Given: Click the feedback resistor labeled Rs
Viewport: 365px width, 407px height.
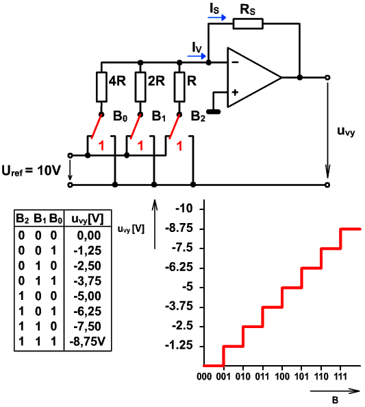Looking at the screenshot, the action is pyautogui.click(x=248, y=23).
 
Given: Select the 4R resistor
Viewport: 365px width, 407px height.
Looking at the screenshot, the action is pyautogui.click(x=101, y=87).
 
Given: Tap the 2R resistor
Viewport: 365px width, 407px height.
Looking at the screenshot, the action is pyautogui.click(x=140, y=87).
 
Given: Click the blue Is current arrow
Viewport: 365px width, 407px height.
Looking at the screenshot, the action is pyautogui.click(x=217, y=18).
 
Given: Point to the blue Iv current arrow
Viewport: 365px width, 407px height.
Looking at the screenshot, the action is pyautogui.click(x=197, y=56).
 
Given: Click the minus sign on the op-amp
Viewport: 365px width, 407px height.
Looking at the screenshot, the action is pyautogui.click(x=235, y=62).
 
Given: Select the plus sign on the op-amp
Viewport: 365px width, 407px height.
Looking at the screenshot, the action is pyautogui.click(x=235, y=93).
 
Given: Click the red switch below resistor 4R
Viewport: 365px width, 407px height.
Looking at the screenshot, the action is pyautogui.click(x=97, y=126).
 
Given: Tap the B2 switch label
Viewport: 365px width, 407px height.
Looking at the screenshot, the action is pyautogui.click(x=198, y=116).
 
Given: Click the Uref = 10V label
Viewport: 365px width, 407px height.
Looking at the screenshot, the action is pyautogui.click(x=31, y=171).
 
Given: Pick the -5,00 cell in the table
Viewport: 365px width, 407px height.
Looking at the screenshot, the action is pyautogui.click(x=87, y=296).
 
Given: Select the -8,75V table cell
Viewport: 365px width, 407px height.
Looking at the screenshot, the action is pyautogui.click(x=88, y=342).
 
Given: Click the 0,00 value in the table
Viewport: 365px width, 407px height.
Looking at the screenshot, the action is pyautogui.click(x=89, y=235).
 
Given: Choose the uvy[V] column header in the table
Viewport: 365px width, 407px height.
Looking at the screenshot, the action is pyautogui.click(x=88, y=220).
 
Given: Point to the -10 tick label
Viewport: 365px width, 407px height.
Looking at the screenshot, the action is pyautogui.click(x=184, y=209).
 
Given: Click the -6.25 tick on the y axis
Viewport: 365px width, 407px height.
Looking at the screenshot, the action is pyautogui.click(x=179, y=268).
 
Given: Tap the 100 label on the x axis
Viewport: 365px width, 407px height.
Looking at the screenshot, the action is pyautogui.click(x=282, y=376).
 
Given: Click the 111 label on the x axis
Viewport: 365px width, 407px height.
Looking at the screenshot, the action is pyautogui.click(x=340, y=376).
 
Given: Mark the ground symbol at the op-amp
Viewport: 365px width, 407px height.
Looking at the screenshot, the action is pyautogui.click(x=213, y=112).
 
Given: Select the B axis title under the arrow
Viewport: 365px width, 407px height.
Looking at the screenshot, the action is pyautogui.click(x=335, y=399).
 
